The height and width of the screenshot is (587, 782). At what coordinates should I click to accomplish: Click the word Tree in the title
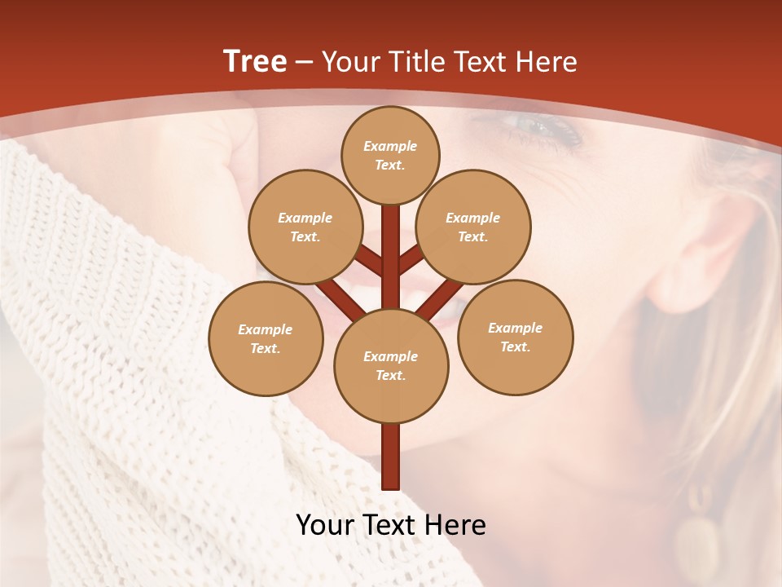[x=255, y=62]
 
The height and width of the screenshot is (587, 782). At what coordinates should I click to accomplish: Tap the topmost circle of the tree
[x=390, y=155]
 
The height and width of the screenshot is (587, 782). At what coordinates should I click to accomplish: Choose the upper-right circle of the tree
[x=473, y=227]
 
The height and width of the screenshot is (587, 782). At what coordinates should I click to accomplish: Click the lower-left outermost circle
[x=266, y=338]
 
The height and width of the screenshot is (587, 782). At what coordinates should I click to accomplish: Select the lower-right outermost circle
[x=515, y=337]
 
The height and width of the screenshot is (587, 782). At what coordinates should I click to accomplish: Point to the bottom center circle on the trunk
[x=391, y=365]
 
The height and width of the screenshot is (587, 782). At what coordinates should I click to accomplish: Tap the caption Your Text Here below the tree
[x=391, y=525]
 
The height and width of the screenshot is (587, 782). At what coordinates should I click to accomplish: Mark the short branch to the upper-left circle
[x=369, y=262]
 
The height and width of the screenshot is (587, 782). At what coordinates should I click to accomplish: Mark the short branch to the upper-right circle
[x=411, y=261]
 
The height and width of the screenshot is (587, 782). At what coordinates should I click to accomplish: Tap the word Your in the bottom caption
[x=327, y=525]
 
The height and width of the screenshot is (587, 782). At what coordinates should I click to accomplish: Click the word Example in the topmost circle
[x=390, y=146]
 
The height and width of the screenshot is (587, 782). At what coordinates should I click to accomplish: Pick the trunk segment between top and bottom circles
[x=391, y=253]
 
